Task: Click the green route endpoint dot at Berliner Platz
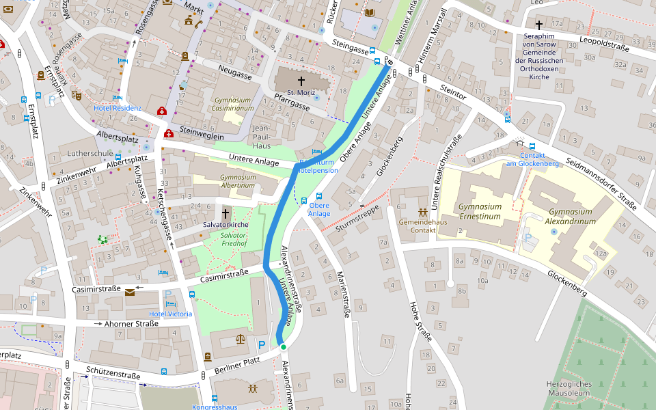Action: point(284,348)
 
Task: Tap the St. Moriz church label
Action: point(300,92)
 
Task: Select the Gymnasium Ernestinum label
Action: point(479,211)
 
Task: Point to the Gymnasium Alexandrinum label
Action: point(571,217)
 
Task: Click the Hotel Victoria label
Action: point(171,314)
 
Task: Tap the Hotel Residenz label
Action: point(118,108)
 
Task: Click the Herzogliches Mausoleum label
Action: point(569,388)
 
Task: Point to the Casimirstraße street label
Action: point(224,276)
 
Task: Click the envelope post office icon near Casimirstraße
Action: point(131,292)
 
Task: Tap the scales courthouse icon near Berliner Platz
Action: point(240,338)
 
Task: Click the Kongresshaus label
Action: point(215,407)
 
